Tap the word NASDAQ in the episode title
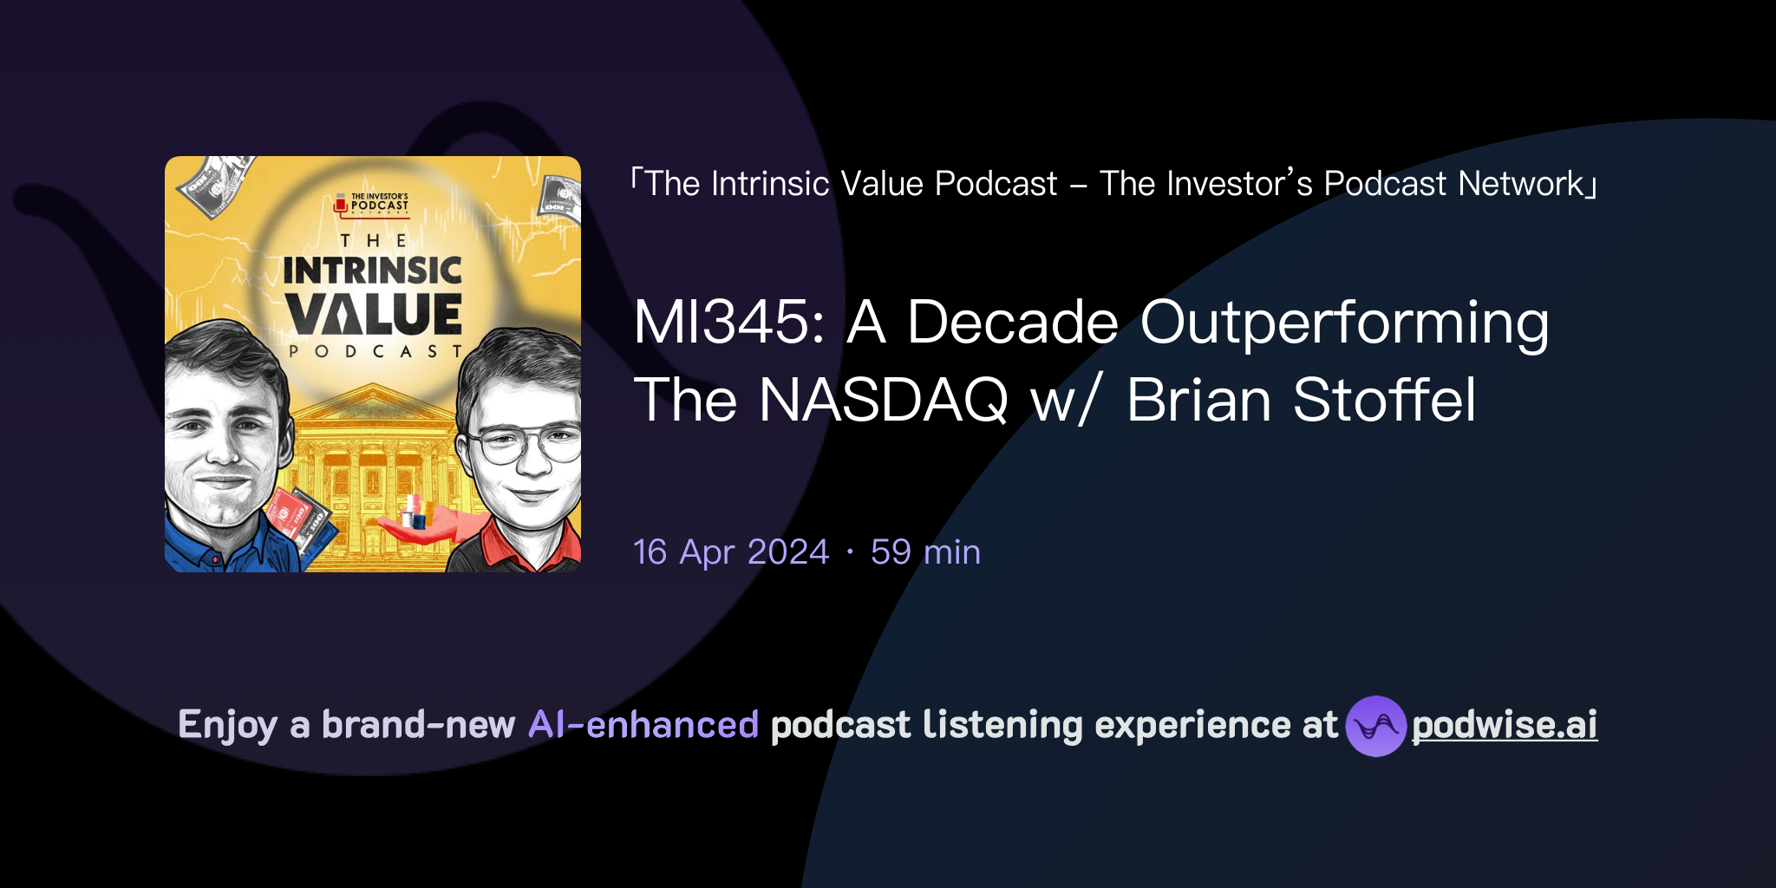883,401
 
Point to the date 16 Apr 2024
731,552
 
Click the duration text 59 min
925,552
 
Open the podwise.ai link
1505,725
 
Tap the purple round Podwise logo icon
1375,726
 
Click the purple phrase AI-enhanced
643,725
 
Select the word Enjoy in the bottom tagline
227,725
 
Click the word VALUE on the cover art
374,315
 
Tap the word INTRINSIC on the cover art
373,271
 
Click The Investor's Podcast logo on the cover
372,204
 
